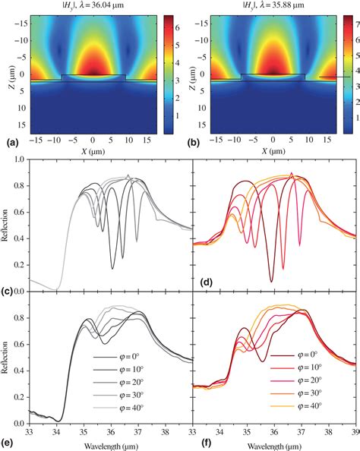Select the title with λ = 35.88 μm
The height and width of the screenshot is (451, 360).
[270, 5]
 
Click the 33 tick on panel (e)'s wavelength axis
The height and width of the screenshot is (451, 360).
[29, 430]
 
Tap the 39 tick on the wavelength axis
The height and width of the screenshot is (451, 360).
[354, 430]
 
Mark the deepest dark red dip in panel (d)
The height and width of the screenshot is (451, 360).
[271, 282]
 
